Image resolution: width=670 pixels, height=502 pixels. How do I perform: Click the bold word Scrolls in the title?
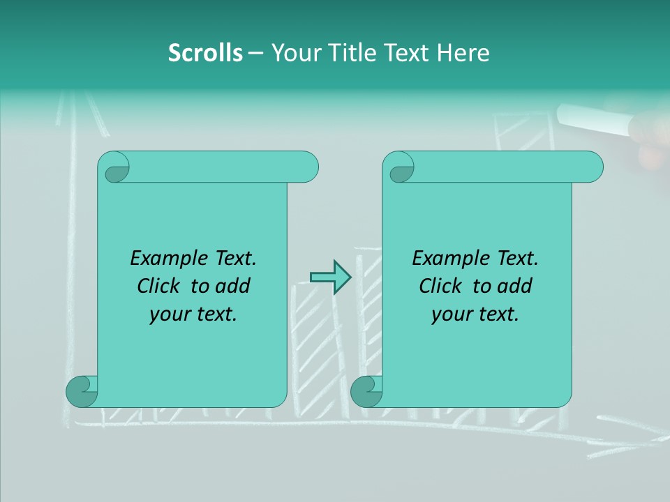point(205,53)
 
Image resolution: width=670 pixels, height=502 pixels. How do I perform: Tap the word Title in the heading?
point(347,53)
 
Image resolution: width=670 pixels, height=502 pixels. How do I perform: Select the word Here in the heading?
point(463,53)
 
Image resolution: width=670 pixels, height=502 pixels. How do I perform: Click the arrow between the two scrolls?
point(330,277)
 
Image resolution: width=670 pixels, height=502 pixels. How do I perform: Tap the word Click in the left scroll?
point(160,286)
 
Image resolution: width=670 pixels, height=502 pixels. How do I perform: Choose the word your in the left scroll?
point(170,314)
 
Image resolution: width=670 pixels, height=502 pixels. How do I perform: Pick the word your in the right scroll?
point(452,314)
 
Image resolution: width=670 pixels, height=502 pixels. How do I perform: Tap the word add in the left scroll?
point(233,286)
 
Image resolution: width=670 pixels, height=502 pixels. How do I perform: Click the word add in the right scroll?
point(515,286)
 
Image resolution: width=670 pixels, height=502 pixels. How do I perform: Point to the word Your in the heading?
point(294,53)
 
